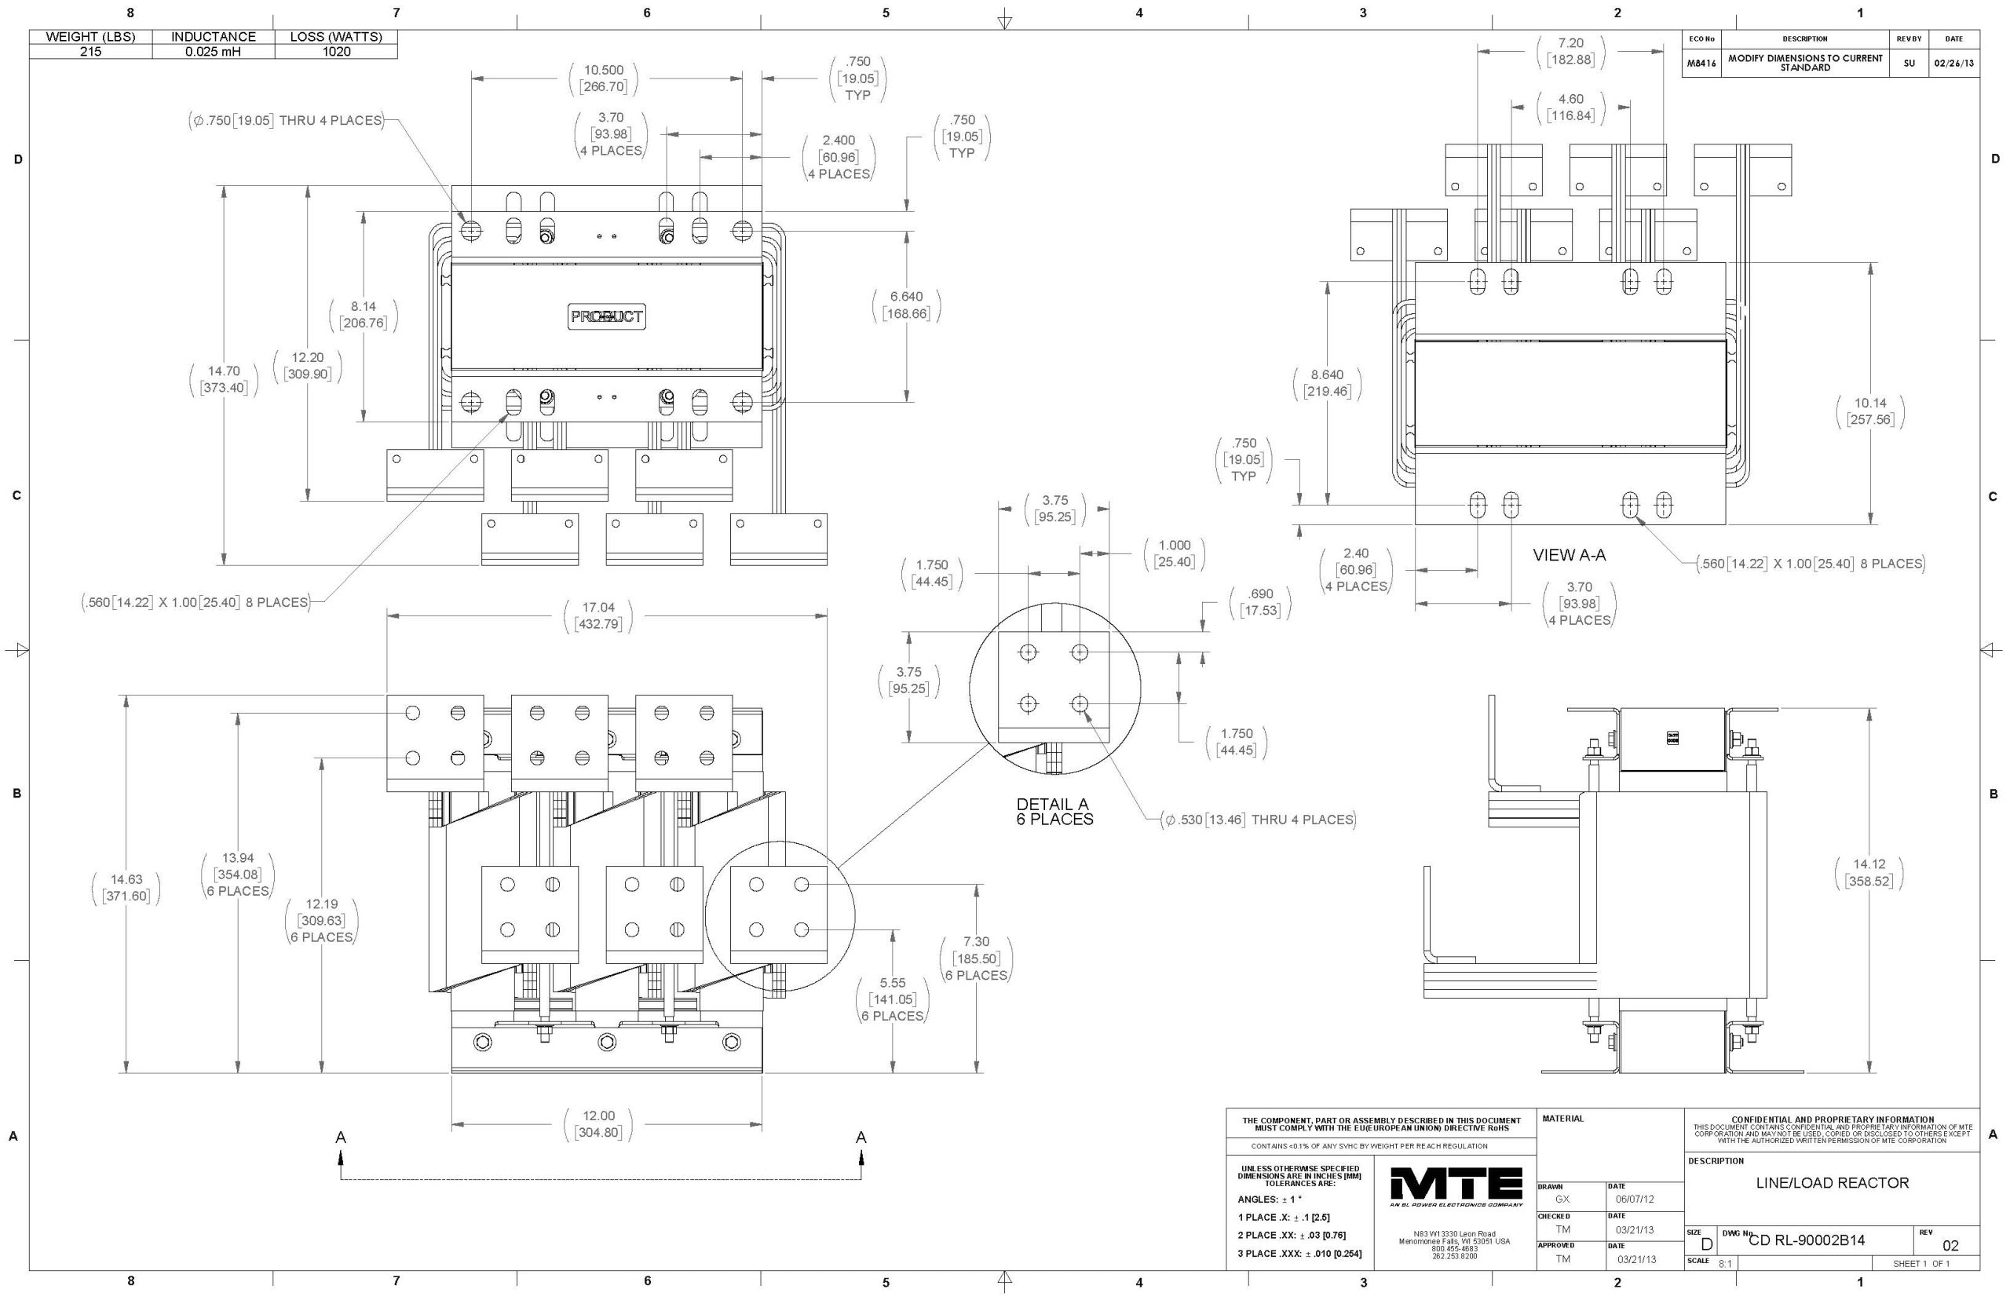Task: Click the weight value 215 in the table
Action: click(90, 52)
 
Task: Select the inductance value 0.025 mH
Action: click(214, 52)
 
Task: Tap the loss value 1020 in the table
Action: click(336, 52)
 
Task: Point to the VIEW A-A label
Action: click(1569, 556)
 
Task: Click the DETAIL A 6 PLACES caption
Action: click(1054, 811)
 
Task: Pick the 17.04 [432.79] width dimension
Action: click(598, 615)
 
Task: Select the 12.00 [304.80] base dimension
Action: click(598, 1123)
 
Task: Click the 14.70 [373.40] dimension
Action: click(223, 379)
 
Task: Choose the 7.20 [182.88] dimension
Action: click(1570, 51)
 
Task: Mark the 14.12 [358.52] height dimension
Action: click(1868, 872)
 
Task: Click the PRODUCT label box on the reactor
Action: click(606, 316)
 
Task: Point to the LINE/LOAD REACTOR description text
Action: click(1832, 1183)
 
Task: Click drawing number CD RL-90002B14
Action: click(1806, 1240)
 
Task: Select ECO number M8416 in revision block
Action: click(1701, 64)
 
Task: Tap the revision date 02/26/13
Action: click(1953, 64)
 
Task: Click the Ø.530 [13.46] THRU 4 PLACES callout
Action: click(1259, 820)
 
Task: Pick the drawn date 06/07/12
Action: click(1635, 1199)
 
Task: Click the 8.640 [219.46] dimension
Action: click(1326, 382)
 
